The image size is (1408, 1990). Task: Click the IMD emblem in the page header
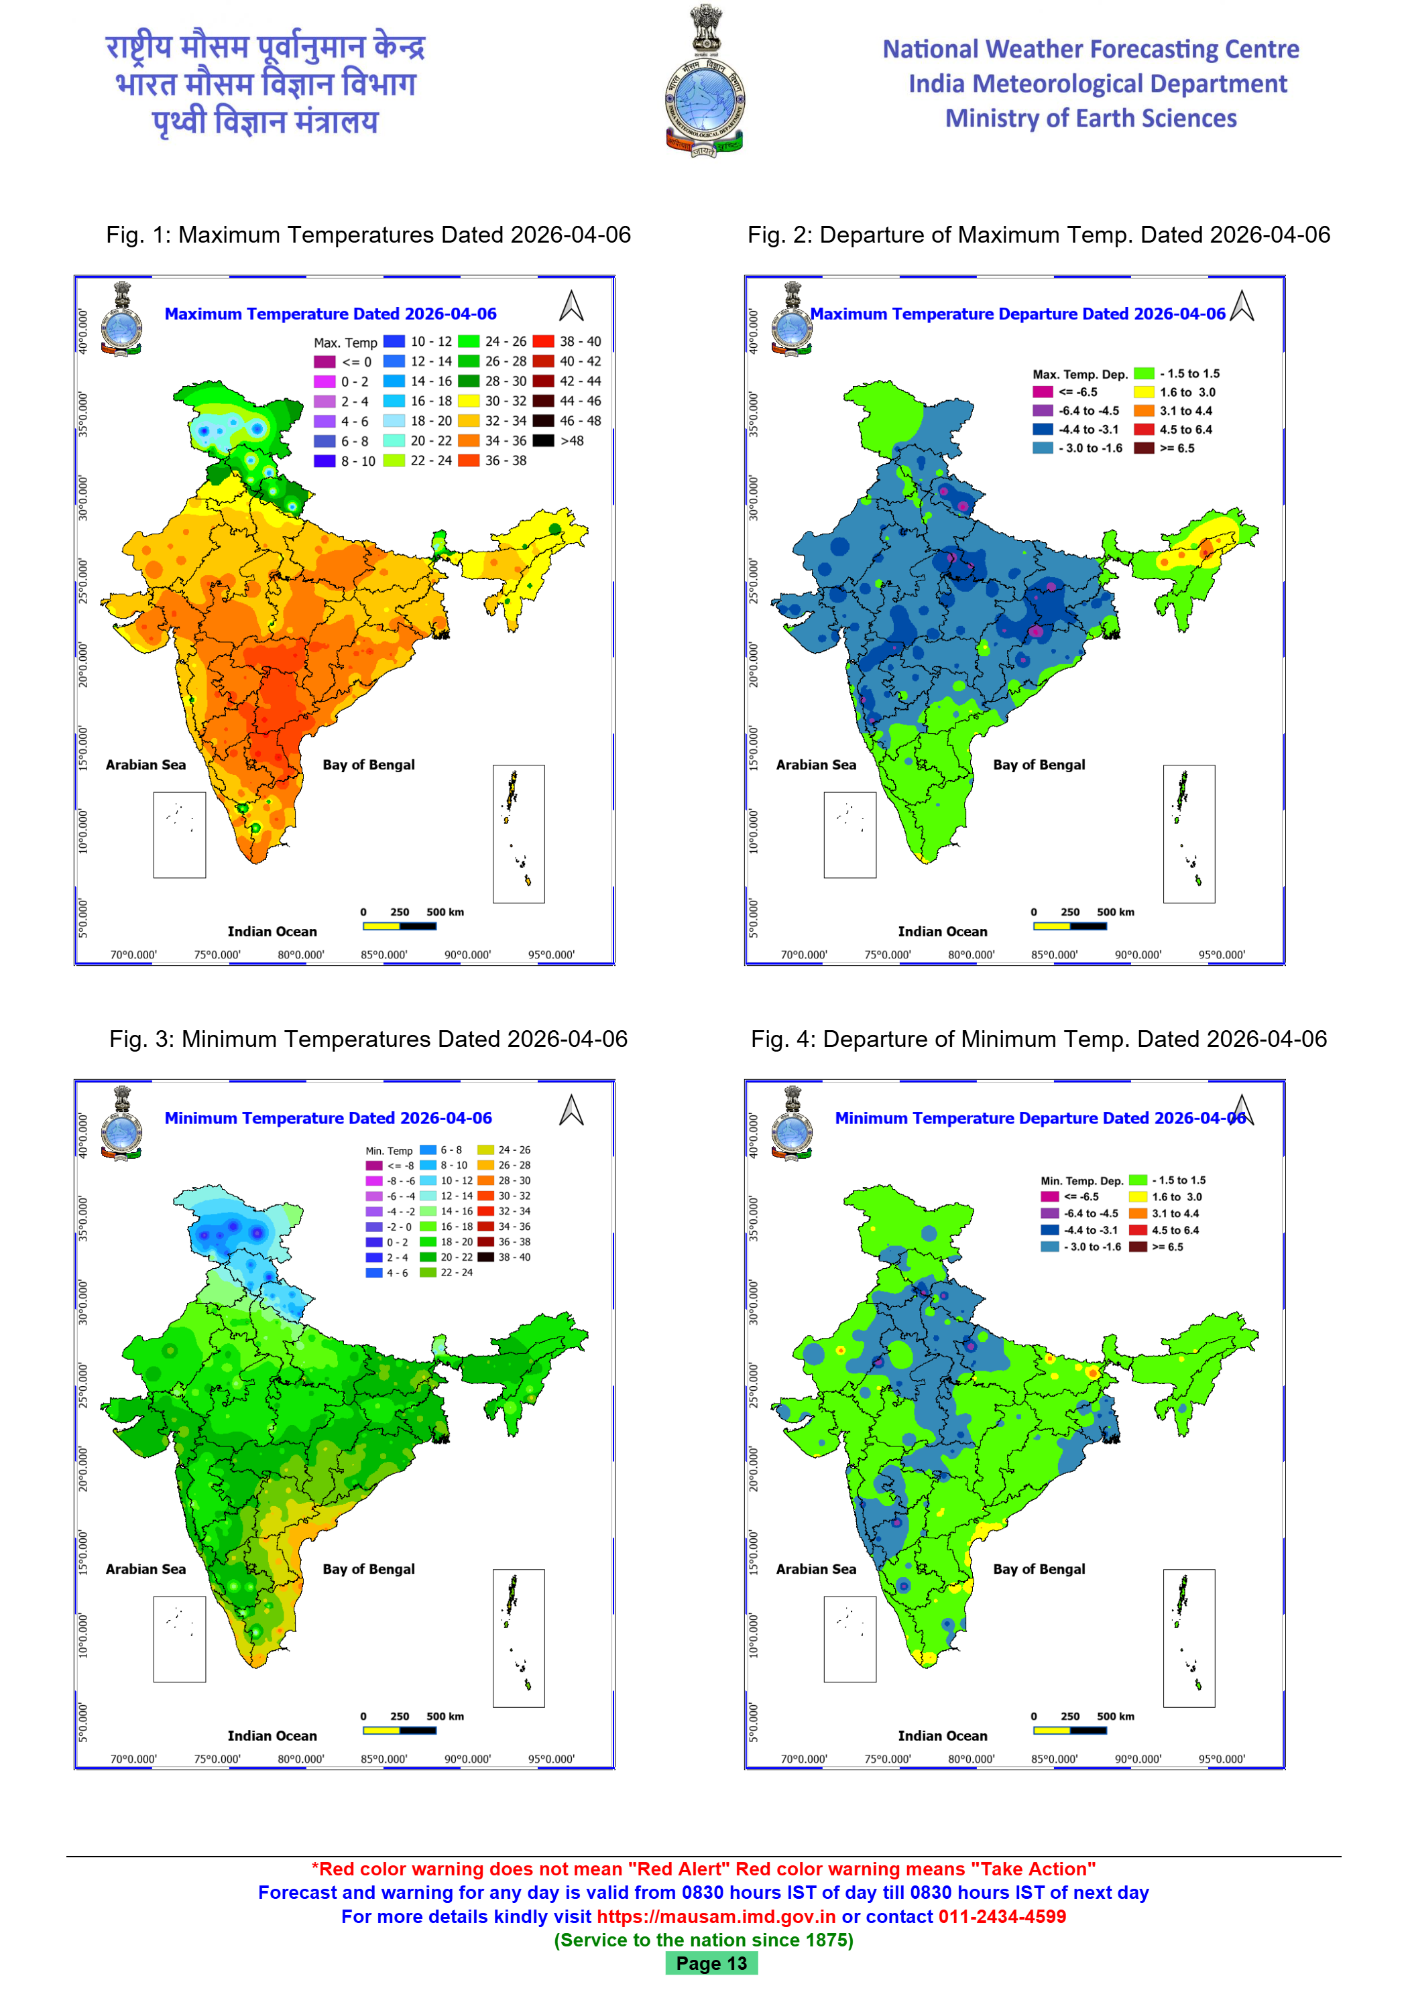[x=704, y=82]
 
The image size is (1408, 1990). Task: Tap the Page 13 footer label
[x=711, y=1963]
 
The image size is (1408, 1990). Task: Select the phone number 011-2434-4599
[x=1002, y=1916]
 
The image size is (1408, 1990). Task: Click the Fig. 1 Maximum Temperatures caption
[x=369, y=235]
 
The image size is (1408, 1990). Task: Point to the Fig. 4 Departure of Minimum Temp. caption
[x=1039, y=1039]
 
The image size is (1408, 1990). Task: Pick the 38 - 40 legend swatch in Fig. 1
[x=544, y=341]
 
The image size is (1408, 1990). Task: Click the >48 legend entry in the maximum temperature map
[x=544, y=440]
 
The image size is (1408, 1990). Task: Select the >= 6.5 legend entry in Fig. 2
[x=1145, y=448]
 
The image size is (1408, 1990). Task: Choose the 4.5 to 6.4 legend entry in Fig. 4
[x=1138, y=1230]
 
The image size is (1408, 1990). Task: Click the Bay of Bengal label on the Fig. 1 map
[x=369, y=765]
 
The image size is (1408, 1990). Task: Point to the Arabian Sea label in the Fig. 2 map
[x=816, y=765]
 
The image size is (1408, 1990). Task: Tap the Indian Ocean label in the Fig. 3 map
[x=272, y=1735]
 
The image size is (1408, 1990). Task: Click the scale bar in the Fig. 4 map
[x=1070, y=1730]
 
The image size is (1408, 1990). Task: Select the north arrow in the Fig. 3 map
[x=571, y=1110]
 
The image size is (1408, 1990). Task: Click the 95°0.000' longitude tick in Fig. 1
[x=551, y=955]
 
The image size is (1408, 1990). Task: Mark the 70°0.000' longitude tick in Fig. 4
[x=804, y=1759]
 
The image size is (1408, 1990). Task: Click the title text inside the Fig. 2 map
[x=1018, y=314]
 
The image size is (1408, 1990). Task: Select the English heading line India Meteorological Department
[x=1098, y=84]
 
